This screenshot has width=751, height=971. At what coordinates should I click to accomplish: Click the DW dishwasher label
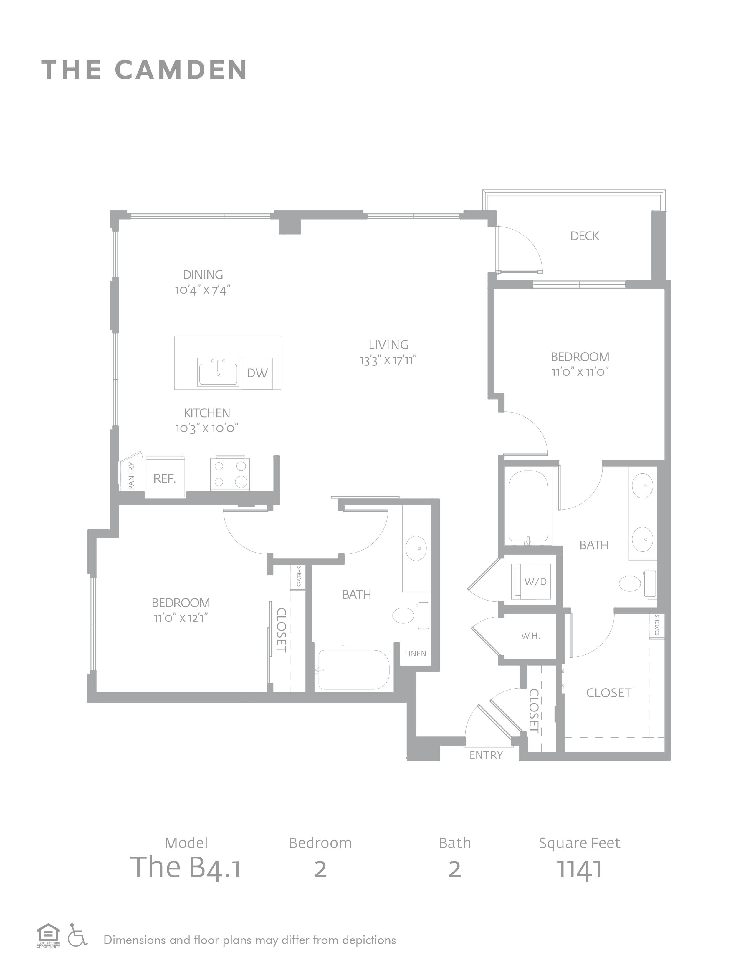click(x=257, y=373)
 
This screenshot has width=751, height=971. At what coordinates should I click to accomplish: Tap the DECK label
click(x=585, y=236)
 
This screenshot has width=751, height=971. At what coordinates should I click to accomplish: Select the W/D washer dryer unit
click(x=532, y=581)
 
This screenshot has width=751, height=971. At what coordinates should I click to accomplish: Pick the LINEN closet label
click(x=416, y=654)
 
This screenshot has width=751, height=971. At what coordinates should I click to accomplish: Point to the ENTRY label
click(x=486, y=755)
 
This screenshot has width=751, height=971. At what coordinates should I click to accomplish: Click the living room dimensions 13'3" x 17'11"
click(x=388, y=360)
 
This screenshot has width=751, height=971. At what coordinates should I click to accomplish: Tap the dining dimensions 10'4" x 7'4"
click(x=203, y=290)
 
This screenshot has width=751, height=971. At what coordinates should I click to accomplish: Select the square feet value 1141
click(x=579, y=869)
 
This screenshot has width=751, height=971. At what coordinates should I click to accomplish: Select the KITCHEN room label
click(x=207, y=413)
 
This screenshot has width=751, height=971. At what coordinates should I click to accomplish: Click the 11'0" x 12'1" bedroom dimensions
click(x=181, y=618)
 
